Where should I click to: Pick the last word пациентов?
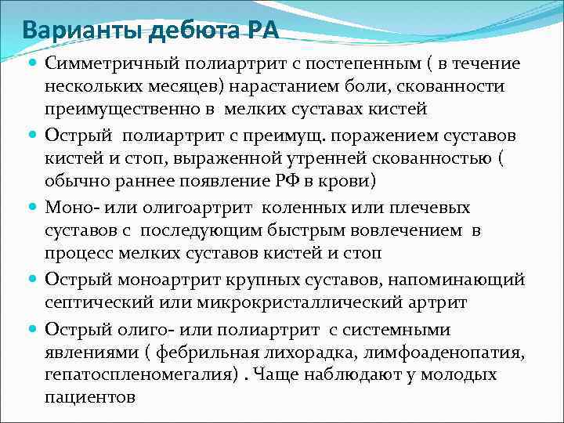tap(91, 396)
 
